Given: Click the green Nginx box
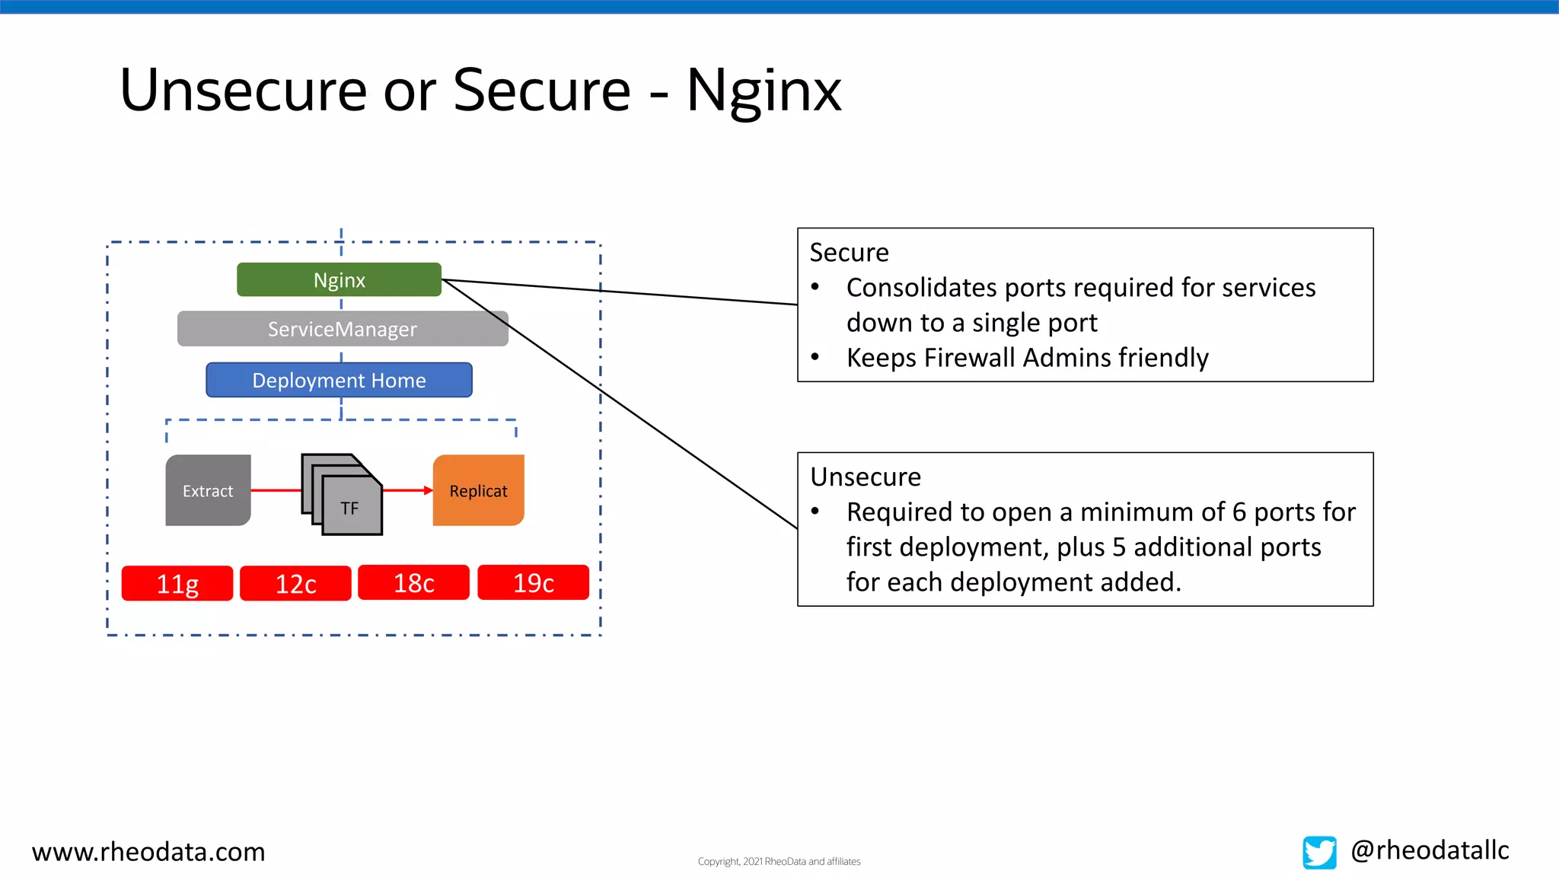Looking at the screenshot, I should [339, 279].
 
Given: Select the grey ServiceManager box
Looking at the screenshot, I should [343, 329].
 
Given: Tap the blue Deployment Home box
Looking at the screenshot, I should [339, 380].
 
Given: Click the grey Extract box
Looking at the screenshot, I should [208, 490].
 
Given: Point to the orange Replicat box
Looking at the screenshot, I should [478, 490].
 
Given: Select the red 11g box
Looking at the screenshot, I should [177, 583].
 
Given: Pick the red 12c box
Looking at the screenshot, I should [295, 583].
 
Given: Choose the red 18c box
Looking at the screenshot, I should [413, 582].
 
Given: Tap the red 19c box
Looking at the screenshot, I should [533, 582].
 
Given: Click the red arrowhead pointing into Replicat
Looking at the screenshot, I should [428, 490].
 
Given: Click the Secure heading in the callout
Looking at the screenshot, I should [849, 252].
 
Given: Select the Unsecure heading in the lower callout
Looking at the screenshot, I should [866, 477].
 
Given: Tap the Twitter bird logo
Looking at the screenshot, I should [1319, 852].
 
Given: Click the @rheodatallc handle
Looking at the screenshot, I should [1430, 850].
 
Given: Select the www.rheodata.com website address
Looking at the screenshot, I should [148, 851].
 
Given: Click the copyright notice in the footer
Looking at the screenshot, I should [779, 861].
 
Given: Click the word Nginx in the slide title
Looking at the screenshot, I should [764, 90].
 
